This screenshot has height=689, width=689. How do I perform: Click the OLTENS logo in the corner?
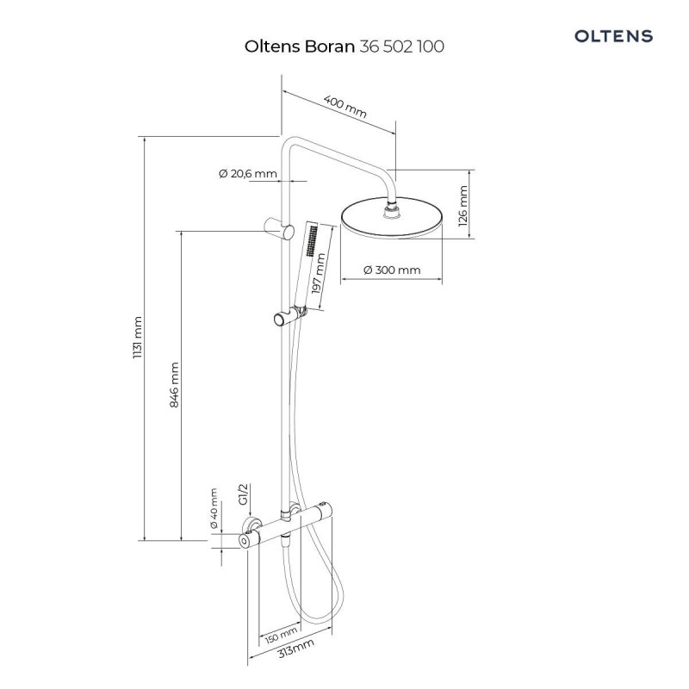pyautogui.click(x=613, y=36)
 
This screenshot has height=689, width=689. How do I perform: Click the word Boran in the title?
pyautogui.click(x=330, y=47)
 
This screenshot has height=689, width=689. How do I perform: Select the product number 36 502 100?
pyautogui.click(x=401, y=47)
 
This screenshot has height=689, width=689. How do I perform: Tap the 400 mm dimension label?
pyautogui.click(x=345, y=107)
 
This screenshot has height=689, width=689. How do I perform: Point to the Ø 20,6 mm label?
pyautogui.click(x=248, y=174)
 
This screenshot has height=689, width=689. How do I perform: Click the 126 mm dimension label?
pyautogui.click(x=462, y=206)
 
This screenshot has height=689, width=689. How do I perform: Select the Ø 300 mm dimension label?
pyautogui.click(x=392, y=270)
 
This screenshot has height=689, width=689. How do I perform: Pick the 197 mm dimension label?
pyautogui.click(x=318, y=273)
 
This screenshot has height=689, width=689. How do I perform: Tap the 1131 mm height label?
pyautogui.click(x=138, y=338)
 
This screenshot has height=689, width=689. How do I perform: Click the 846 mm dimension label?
pyautogui.click(x=175, y=385)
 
